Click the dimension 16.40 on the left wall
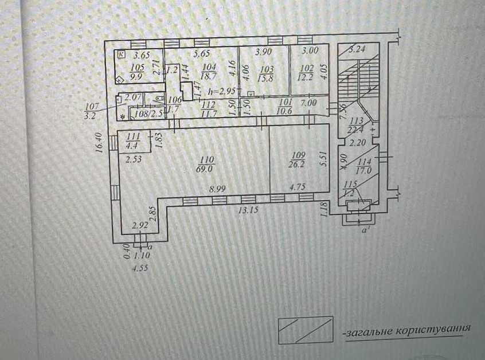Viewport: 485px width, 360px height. pyautogui.click(x=100, y=143)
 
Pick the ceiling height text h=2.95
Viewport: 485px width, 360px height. pyautogui.click(x=221, y=91)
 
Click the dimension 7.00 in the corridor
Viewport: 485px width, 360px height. pyautogui.click(x=309, y=103)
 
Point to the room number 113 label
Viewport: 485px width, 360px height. pyautogui.click(x=357, y=121)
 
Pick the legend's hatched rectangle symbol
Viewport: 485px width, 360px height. pyautogui.click(x=305, y=330)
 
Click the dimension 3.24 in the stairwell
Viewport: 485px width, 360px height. pyautogui.click(x=358, y=49)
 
